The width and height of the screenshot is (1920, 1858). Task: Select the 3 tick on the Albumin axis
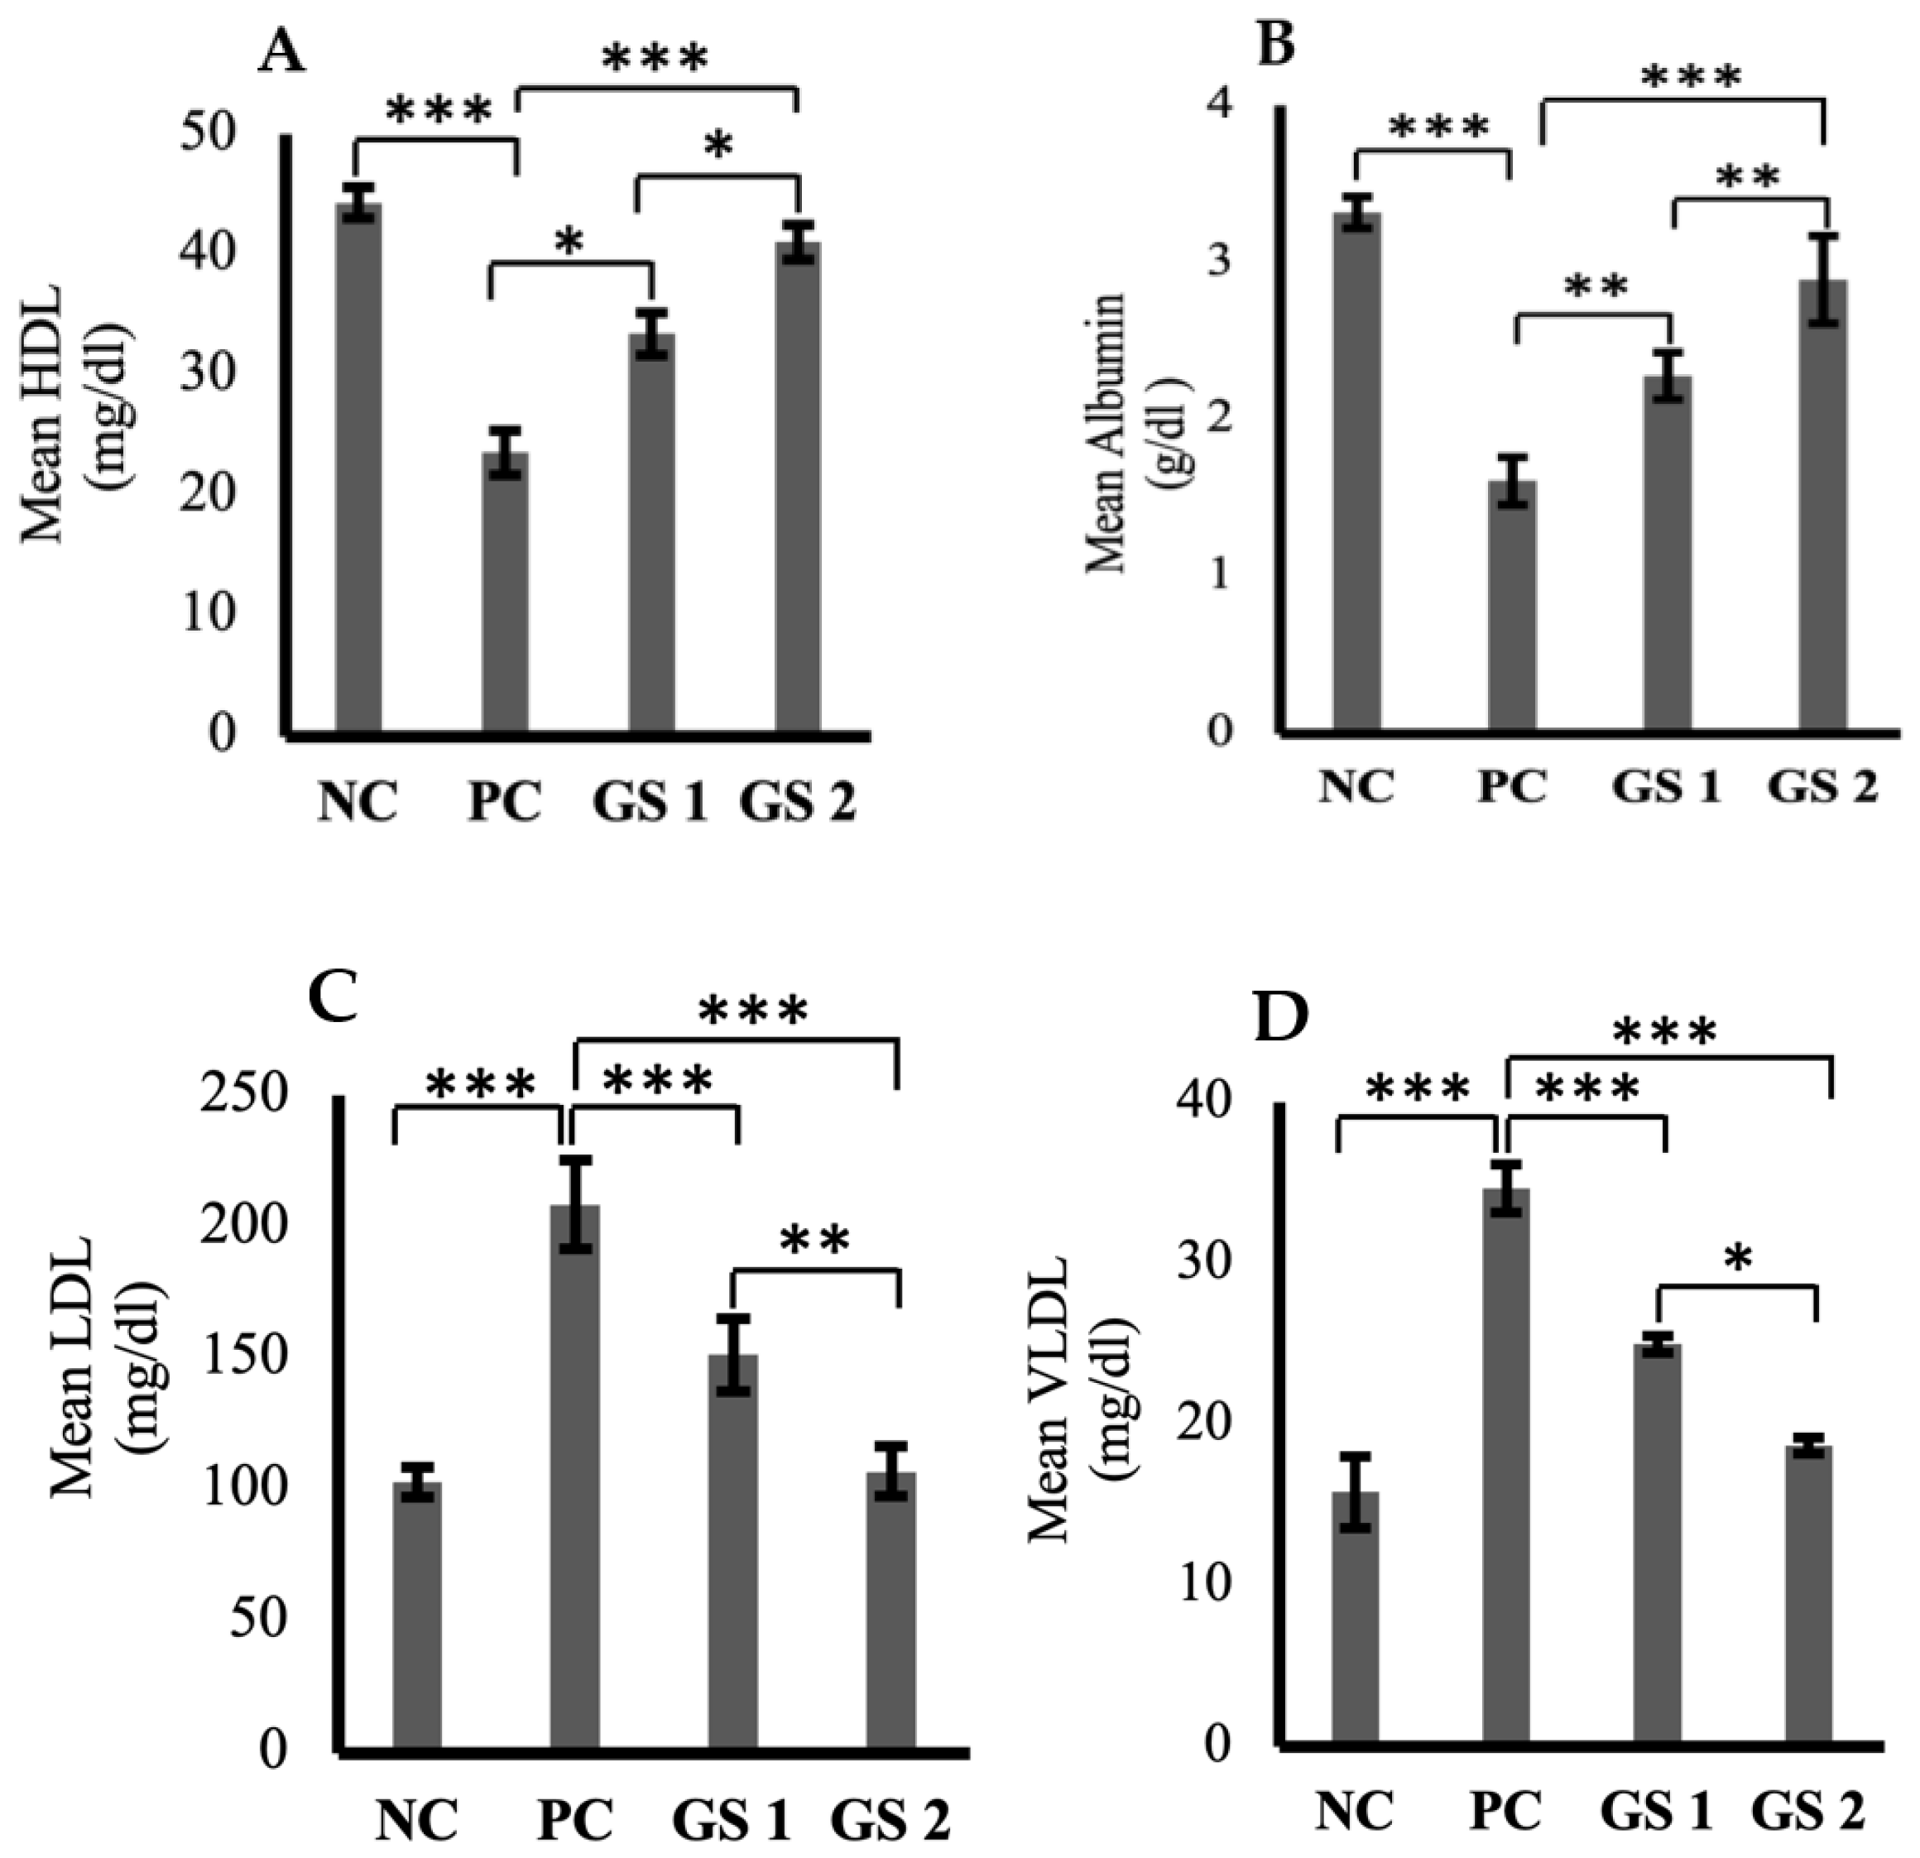coord(1220,262)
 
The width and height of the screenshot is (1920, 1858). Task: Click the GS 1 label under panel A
coord(650,803)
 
